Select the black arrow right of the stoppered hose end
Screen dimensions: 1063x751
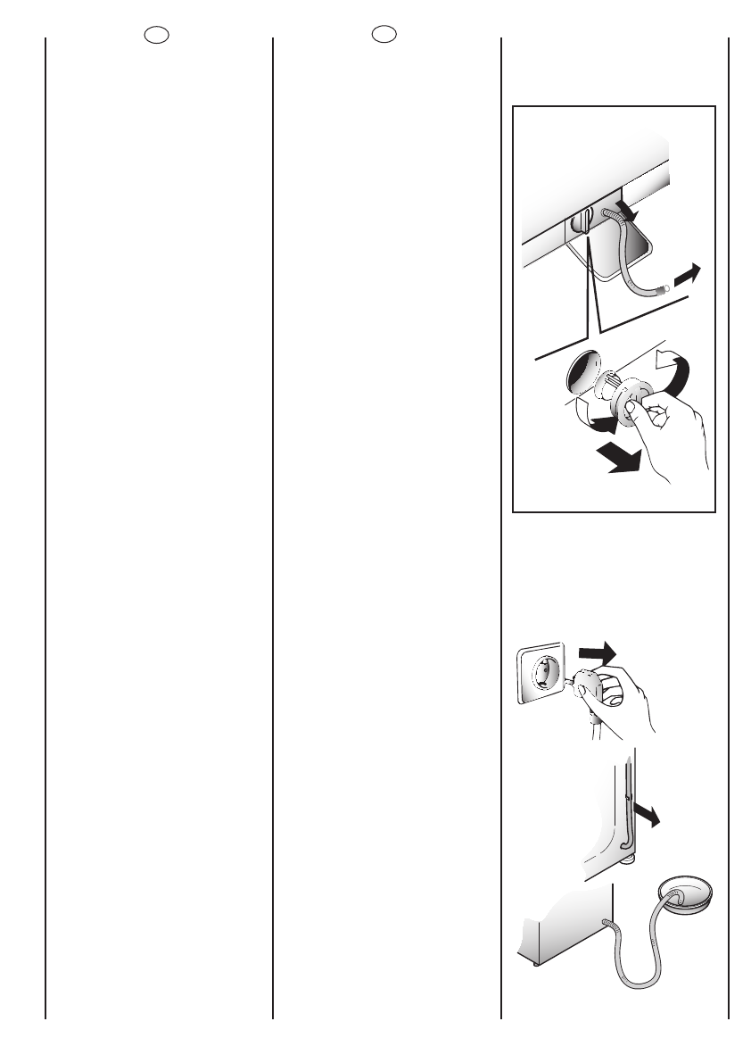[x=687, y=276]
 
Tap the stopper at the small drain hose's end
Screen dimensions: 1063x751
[x=663, y=287]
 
